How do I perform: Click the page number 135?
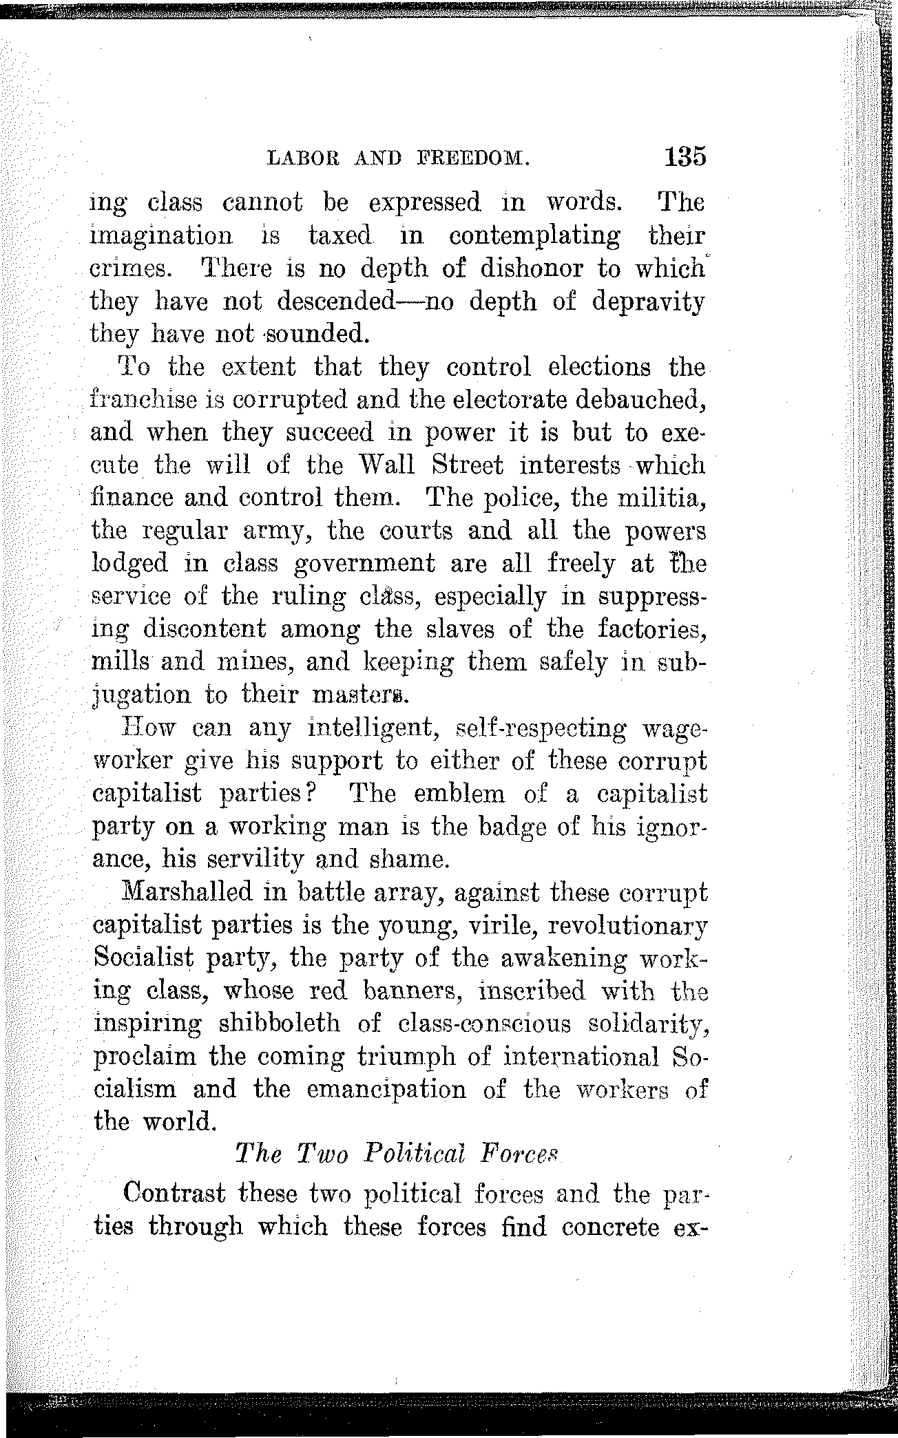[x=686, y=156]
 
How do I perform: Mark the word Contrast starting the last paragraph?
[x=174, y=1193]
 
